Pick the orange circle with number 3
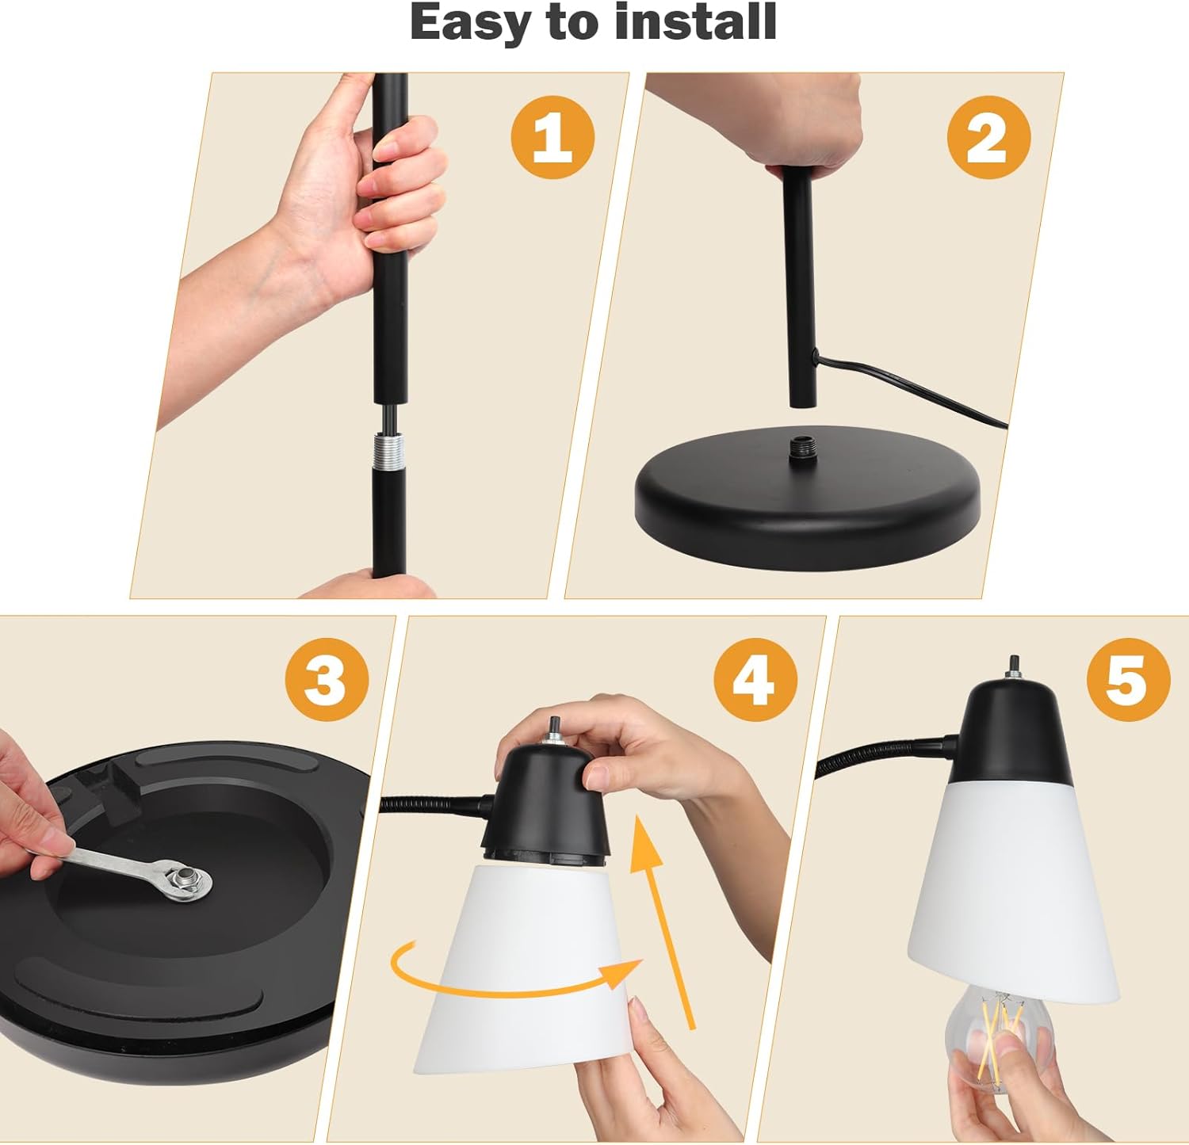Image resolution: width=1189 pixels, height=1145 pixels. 327,680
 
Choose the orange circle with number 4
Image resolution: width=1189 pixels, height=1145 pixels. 755,681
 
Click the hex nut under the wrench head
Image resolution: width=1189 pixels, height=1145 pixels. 189,879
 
